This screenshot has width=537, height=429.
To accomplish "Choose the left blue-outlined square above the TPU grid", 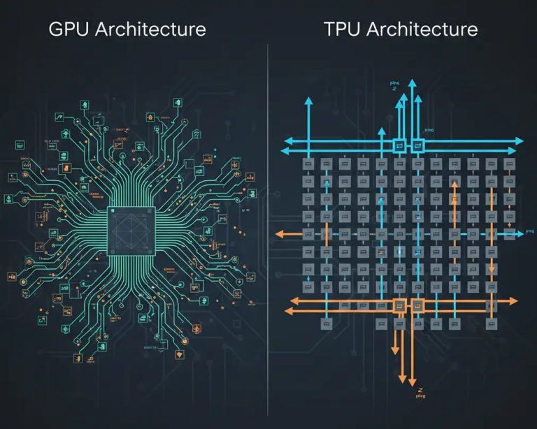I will click(399, 145).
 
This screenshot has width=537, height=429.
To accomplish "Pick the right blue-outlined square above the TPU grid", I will click(417, 145).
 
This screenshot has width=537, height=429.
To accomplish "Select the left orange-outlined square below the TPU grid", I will click(399, 305).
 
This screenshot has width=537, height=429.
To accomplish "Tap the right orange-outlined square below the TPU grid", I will click(418, 305).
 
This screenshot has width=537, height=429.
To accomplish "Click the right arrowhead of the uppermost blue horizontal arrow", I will click(518, 140).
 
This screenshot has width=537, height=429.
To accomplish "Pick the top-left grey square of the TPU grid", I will click(306, 163).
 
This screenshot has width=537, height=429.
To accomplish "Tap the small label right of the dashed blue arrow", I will click(529, 230).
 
